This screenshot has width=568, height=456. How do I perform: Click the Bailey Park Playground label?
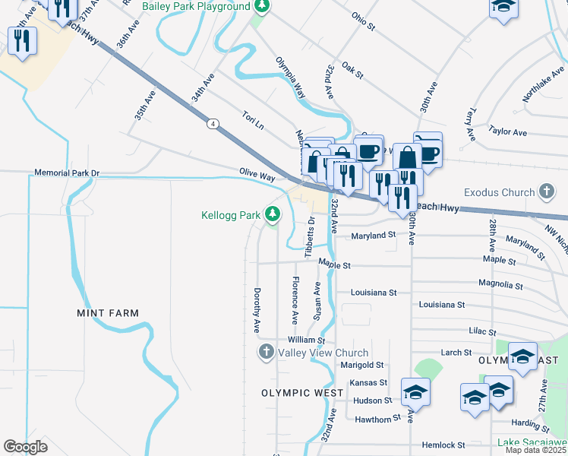pyautogui.click(x=196, y=6)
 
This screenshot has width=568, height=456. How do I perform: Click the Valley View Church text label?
pyautogui.click(x=323, y=353)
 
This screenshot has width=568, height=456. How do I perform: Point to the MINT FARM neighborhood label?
pyautogui.click(x=108, y=313)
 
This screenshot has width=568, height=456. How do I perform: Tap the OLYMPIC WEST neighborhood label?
pyautogui.click(x=297, y=393)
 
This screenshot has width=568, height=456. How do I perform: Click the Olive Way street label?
pyautogui.click(x=257, y=175)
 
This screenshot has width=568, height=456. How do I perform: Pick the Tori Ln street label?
pyautogui.click(x=253, y=120)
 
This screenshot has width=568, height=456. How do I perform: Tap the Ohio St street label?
pyautogui.click(x=363, y=21)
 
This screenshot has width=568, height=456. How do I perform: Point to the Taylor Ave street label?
pyautogui.click(x=508, y=131)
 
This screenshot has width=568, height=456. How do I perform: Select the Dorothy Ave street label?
pyautogui.click(x=257, y=310)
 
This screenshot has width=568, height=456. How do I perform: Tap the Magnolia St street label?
pyautogui.click(x=501, y=285)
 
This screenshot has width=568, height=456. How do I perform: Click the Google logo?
pyautogui.click(x=25, y=447)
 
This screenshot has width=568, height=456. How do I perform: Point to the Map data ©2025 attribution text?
pyautogui.click(x=535, y=450)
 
